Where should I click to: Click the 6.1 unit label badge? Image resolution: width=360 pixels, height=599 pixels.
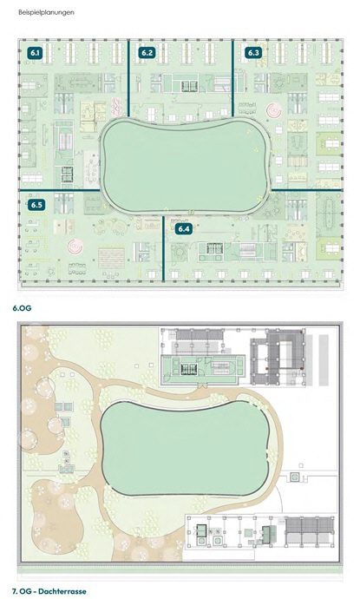click(x=35, y=53)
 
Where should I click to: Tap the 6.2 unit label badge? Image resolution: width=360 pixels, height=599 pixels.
click(x=147, y=53)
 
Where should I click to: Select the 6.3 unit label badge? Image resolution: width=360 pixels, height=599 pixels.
click(x=253, y=53)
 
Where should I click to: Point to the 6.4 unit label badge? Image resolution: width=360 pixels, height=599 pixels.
click(x=184, y=229)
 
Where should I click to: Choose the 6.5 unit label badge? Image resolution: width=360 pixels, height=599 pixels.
click(x=36, y=205)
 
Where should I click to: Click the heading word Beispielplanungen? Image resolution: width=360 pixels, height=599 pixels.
click(x=46, y=12)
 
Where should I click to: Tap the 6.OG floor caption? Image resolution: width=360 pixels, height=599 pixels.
click(x=22, y=308)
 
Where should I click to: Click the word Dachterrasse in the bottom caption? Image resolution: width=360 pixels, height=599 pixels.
click(x=62, y=591)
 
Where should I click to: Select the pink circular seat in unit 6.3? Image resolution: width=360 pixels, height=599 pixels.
click(x=274, y=110)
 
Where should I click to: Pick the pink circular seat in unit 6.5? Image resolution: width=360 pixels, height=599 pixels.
click(x=75, y=247)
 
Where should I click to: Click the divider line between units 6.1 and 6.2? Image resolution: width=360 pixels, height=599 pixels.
click(x=128, y=78)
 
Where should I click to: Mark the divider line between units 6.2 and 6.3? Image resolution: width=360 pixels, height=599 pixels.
click(x=232, y=78)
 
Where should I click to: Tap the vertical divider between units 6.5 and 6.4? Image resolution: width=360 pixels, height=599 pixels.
click(x=163, y=248)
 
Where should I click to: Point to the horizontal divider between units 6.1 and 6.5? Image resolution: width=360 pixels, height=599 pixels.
click(x=60, y=190)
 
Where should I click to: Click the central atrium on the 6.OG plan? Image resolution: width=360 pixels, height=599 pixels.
click(x=186, y=167)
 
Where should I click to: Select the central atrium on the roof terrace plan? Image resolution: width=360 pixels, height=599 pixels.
click(x=186, y=449)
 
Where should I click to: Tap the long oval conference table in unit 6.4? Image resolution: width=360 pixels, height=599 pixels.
click(x=328, y=214)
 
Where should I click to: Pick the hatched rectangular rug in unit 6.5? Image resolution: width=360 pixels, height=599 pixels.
click(x=111, y=258)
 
